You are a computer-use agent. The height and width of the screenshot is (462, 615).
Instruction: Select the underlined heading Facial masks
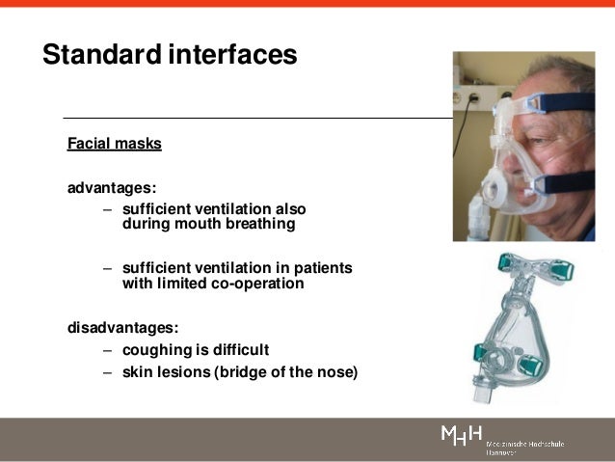click(x=114, y=145)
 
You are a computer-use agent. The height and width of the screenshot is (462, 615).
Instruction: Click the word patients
click(x=322, y=267)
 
